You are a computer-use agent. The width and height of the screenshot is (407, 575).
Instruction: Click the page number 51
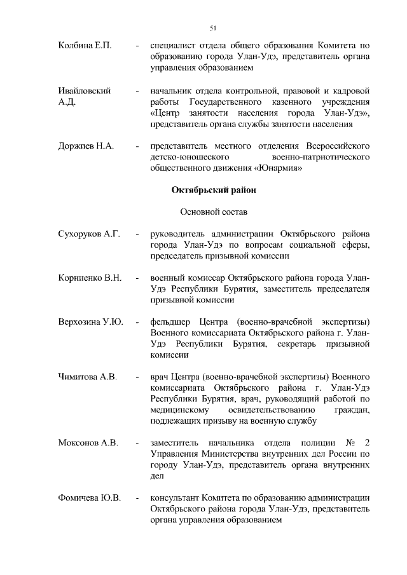(x=213, y=27)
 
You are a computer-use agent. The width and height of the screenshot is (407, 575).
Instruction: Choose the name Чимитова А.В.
(x=87, y=377)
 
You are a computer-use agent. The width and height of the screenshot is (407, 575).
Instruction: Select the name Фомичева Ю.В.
(x=90, y=498)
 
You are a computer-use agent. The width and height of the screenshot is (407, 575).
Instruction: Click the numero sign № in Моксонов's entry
(x=350, y=443)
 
